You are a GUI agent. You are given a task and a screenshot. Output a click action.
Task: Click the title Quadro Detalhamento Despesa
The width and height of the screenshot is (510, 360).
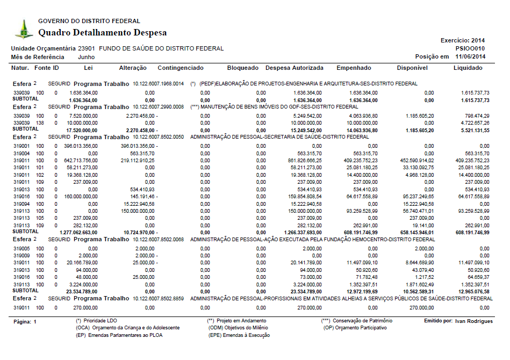click(x=102, y=33)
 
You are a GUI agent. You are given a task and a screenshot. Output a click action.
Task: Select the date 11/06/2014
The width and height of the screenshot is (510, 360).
click(x=470, y=56)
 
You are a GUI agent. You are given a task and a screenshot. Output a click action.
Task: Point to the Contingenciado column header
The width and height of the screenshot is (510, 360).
click(x=181, y=68)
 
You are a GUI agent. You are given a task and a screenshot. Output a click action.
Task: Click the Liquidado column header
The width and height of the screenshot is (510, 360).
click(x=468, y=68)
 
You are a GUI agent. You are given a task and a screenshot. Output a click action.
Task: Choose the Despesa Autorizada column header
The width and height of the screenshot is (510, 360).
click(x=294, y=68)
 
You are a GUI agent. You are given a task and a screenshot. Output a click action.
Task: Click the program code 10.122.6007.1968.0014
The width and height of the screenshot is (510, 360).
click(x=159, y=84)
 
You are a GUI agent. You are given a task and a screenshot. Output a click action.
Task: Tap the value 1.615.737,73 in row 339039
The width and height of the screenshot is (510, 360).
click(x=475, y=93)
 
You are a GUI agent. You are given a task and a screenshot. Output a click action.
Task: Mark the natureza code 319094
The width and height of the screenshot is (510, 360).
click(x=21, y=204)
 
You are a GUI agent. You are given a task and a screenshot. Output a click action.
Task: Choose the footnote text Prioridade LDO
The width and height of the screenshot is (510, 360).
click(x=103, y=321)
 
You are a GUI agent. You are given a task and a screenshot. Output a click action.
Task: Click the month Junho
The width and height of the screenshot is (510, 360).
click(x=87, y=57)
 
